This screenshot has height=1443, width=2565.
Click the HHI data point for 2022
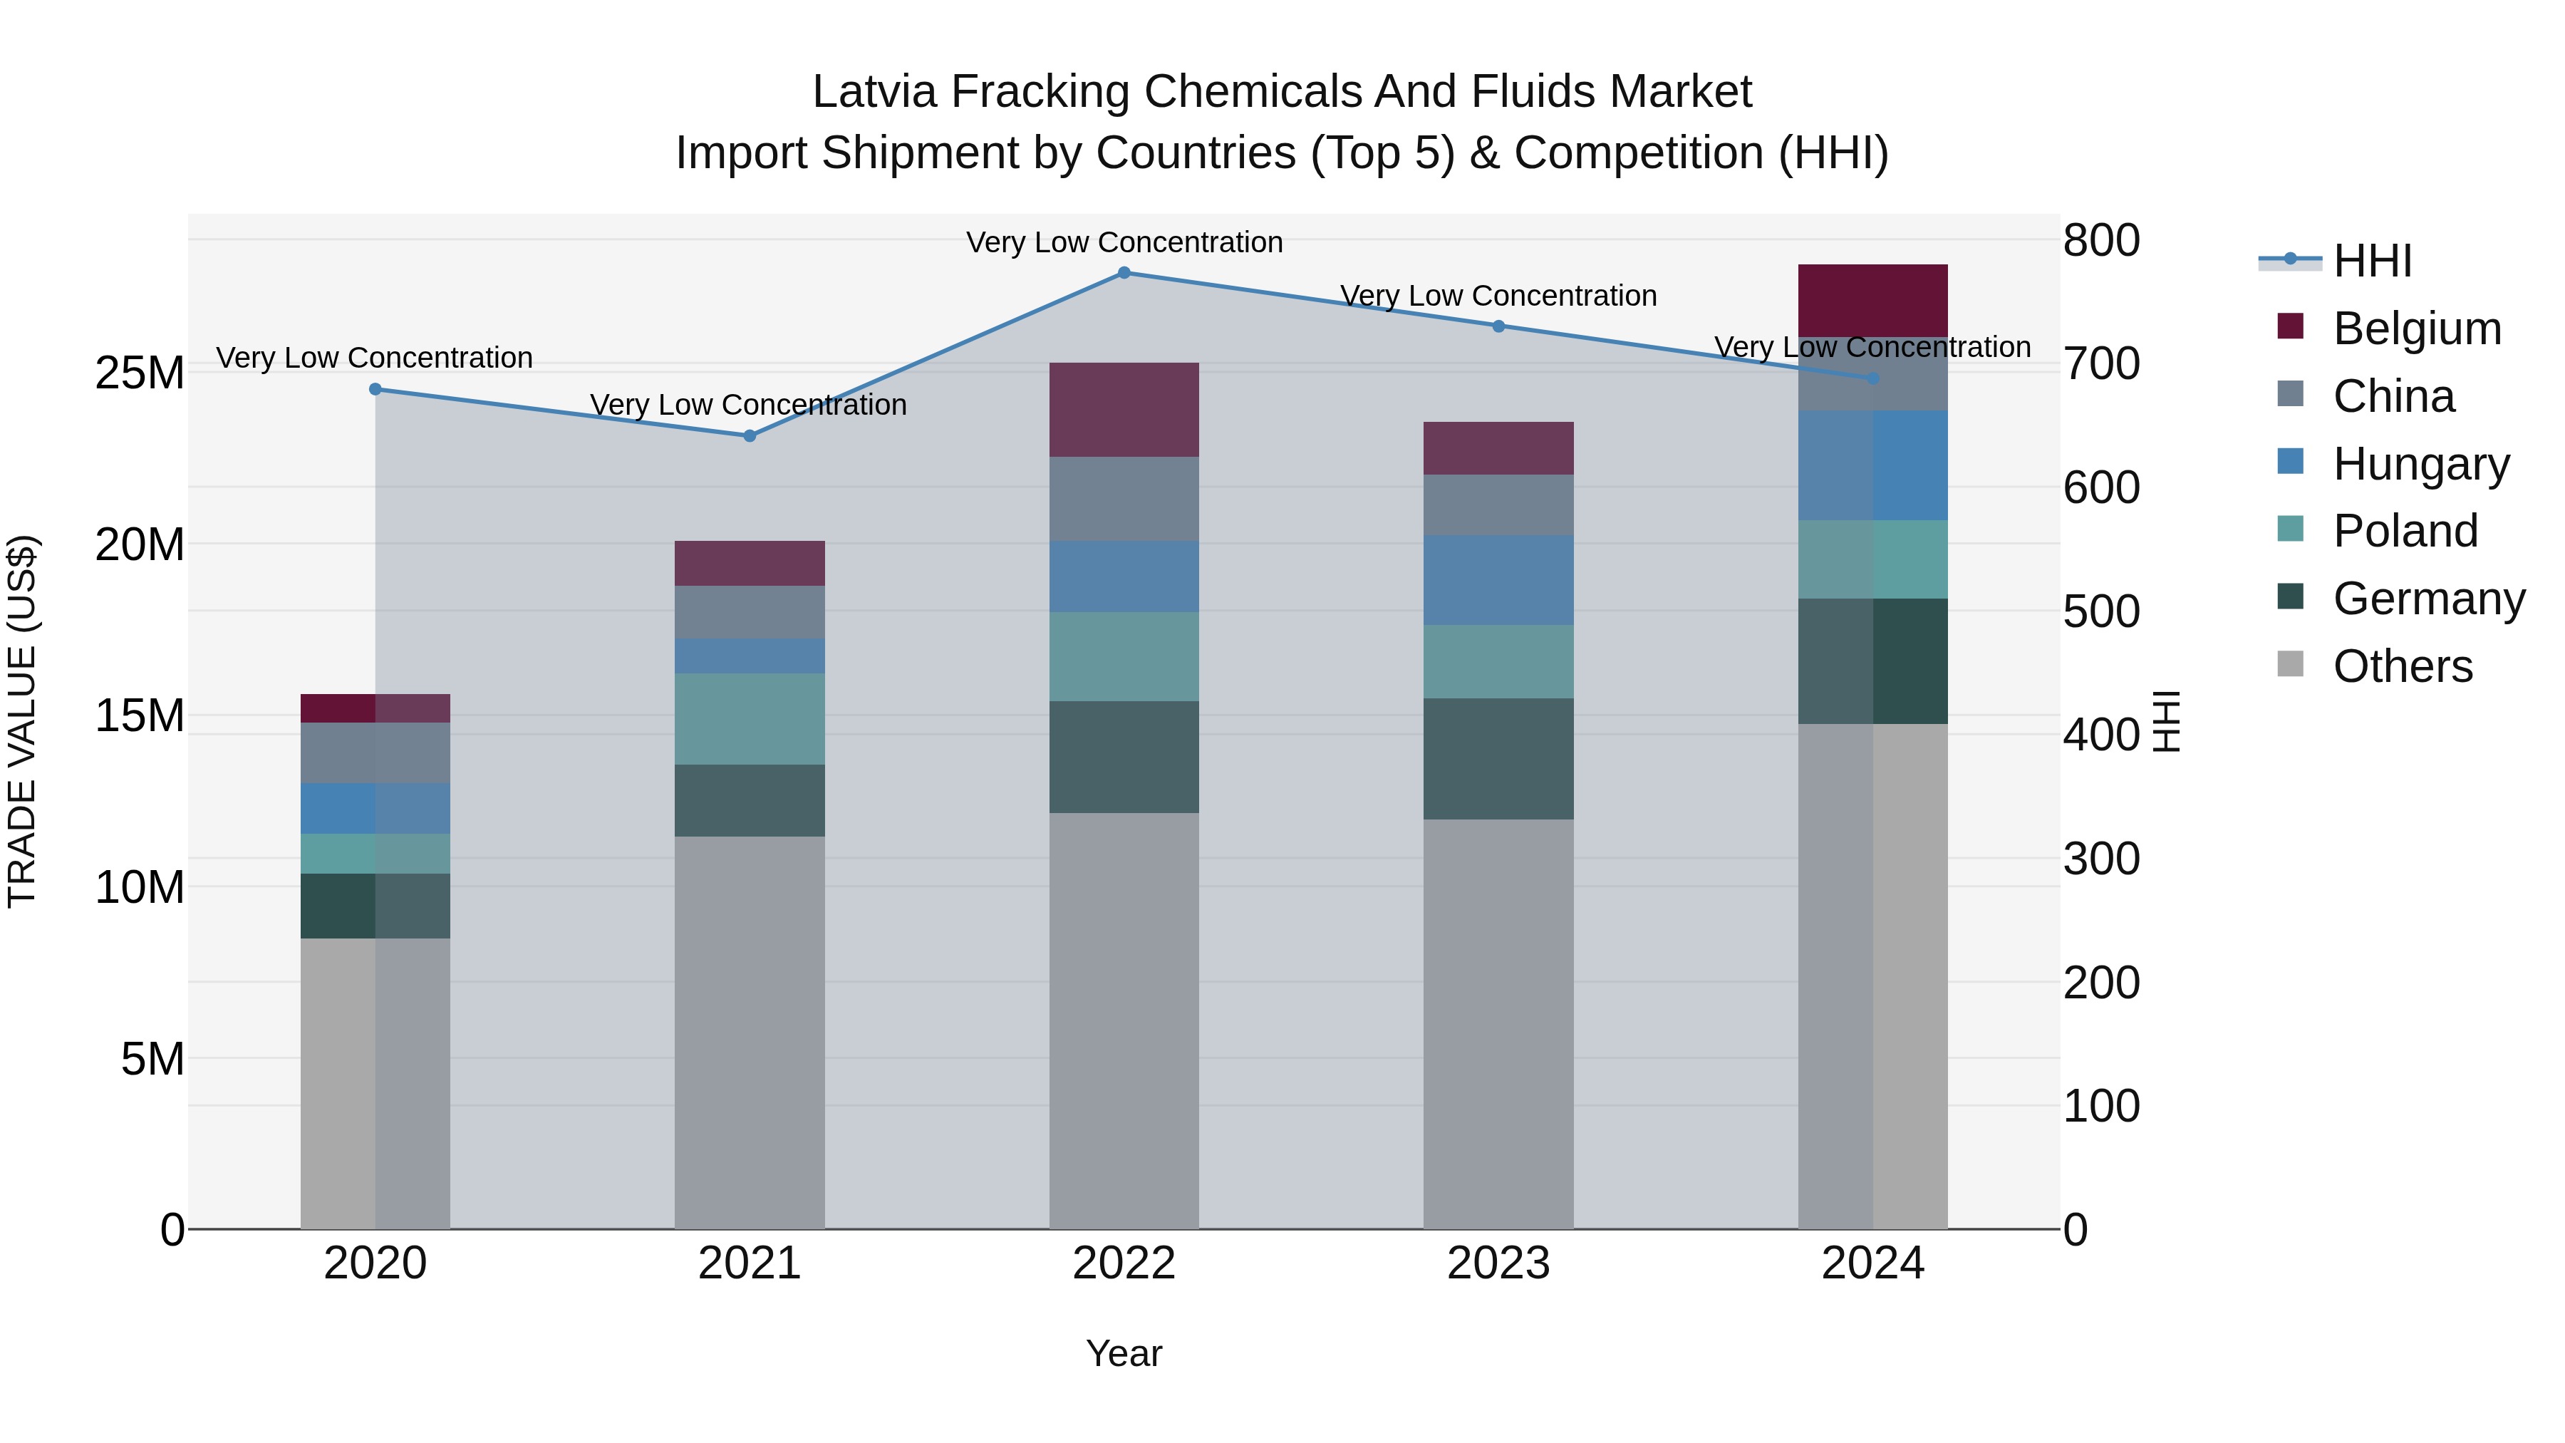coord(1124,273)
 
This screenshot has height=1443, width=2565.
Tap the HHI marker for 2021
coord(750,436)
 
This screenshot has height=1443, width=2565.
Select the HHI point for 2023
coord(1498,326)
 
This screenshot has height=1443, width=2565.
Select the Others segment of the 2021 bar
coord(750,1032)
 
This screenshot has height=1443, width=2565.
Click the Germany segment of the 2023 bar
coord(1498,759)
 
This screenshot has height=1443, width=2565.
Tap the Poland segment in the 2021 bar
coord(750,719)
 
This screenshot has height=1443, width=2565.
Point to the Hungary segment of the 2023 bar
coord(1498,581)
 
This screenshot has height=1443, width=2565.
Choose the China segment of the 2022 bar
coord(1124,499)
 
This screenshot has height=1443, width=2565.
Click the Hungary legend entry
coord(2420,464)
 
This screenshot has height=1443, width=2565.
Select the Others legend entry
coord(2402,666)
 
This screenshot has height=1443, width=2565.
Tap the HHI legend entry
coord(2372,261)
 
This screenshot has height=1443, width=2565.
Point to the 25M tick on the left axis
coord(140,373)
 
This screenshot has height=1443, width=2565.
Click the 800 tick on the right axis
coord(2101,240)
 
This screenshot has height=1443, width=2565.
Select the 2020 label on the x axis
coord(375,1263)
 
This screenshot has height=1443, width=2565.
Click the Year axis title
coord(1124,1353)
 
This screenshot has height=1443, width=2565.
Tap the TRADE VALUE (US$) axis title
coord(22,721)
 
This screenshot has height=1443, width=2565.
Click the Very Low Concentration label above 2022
coord(1124,243)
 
